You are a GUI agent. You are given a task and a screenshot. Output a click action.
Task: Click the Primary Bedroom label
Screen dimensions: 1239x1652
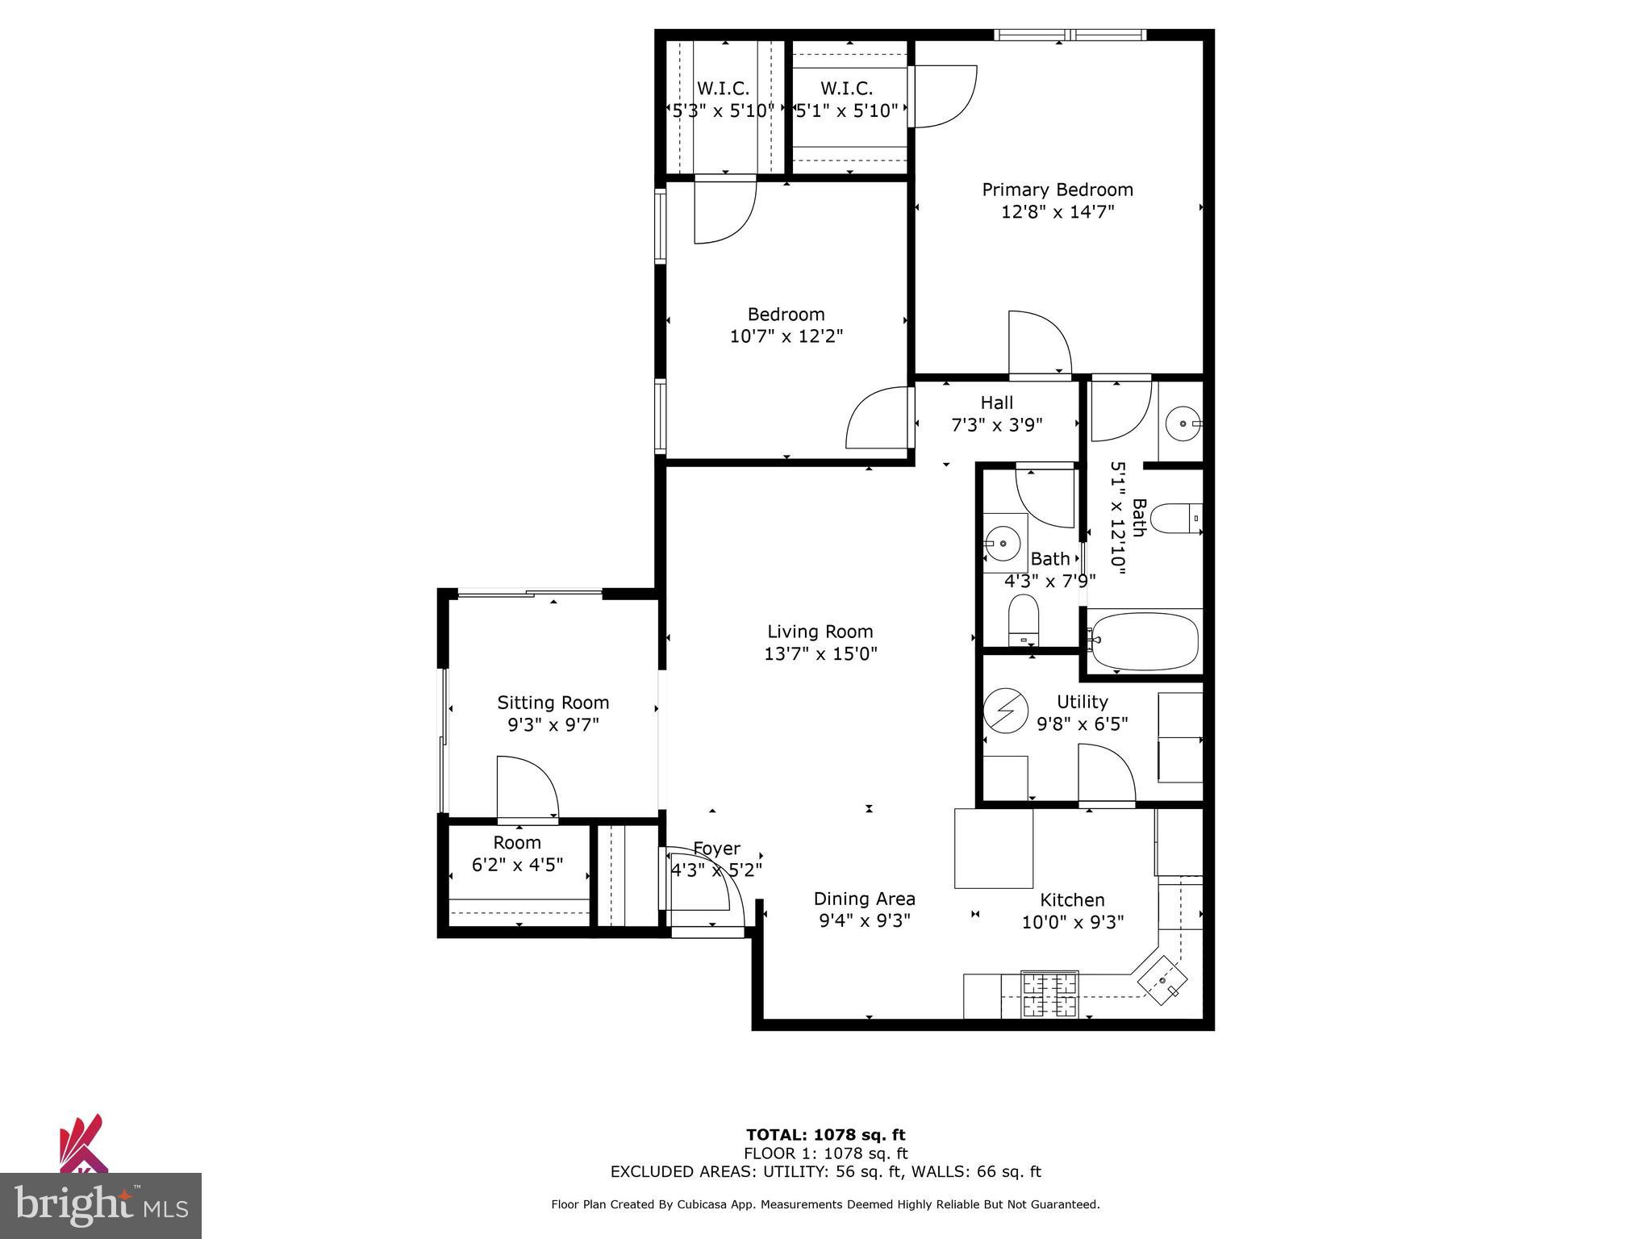(x=1057, y=190)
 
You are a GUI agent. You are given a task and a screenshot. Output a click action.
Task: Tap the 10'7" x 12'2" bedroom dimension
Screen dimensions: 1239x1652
(x=786, y=336)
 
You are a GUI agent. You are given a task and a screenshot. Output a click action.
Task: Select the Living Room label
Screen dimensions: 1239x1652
(x=820, y=632)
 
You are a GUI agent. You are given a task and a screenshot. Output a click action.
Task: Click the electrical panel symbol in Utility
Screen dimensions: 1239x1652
(x=1005, y=708)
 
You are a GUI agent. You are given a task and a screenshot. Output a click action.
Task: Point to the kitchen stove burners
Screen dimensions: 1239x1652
(x=1049, y=995)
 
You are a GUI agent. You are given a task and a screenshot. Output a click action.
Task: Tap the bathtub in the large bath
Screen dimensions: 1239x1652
(x=1144, y=641)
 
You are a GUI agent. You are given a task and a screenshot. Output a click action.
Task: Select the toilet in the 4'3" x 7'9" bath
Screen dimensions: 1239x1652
(x=1024, y=619)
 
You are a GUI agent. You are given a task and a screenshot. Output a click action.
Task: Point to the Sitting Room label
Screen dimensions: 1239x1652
(x=553, y=703)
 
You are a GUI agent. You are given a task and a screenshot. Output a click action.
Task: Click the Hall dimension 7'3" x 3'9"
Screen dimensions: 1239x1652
(x=997, y=425)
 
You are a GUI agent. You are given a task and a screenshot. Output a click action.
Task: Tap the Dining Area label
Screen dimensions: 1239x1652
(x=864, y=899)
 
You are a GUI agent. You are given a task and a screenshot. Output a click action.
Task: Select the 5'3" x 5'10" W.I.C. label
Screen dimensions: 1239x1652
(x=723, y=111)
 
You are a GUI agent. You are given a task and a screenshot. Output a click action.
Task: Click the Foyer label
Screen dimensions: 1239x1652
(x=716, y=849)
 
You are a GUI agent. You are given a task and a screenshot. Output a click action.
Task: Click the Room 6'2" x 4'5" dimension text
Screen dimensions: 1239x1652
(x=517, y=865)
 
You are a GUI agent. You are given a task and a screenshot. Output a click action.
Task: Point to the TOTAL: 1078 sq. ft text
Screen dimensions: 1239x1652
(x=825, y=1135)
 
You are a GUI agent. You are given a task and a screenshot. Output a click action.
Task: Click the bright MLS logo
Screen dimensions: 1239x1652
(x=101, y=1205)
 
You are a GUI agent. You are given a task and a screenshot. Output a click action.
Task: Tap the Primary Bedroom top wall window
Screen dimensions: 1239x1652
(x=1070, y=35)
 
